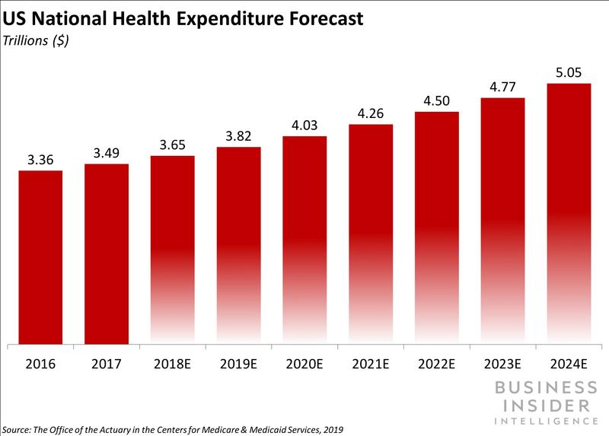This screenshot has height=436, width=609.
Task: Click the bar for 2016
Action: coord(40,257)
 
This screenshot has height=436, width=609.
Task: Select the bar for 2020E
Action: coord(304,240)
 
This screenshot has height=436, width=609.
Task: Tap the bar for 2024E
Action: coord(569,213)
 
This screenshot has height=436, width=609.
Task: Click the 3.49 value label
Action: coord(107,152)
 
